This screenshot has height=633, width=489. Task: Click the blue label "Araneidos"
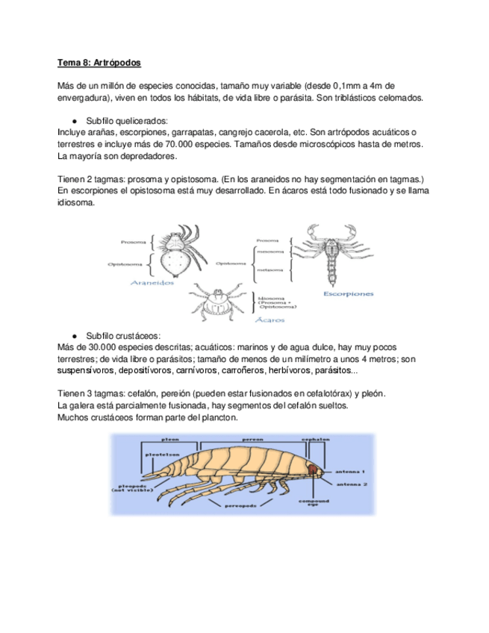click(x=152, y=284)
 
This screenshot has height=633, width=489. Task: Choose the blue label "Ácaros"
click(x=272, y=319)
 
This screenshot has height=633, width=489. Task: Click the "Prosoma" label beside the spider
click(x=134, y=242)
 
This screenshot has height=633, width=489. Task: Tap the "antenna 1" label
click(x=350, y=472)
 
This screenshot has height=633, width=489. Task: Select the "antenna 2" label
click(x=350, y=484)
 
